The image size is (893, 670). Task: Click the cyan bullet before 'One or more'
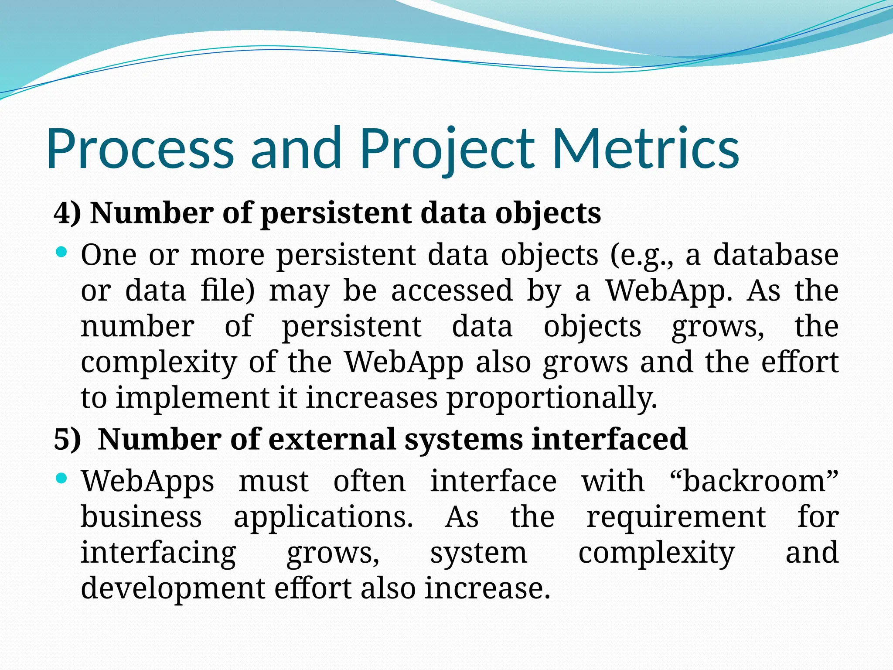(61, 252)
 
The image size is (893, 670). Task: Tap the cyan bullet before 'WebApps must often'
(61, 479)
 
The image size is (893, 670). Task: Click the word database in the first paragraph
(776, 255)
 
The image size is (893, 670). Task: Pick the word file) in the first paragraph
(227, 291)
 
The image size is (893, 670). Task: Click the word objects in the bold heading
(548, 214)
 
